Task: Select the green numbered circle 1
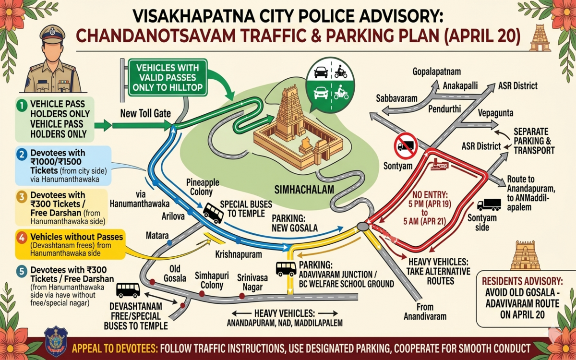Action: tap(21, 104)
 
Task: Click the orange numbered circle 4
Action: tap(21, 237)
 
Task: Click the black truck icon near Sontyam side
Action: tap(489, 204)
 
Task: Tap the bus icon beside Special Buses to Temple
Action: tap(213, 212)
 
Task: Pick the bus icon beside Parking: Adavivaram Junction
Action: tap(286, 268)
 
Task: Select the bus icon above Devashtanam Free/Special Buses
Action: tap(128, 290)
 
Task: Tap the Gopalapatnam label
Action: tap(436, 72)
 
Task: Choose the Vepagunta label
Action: tap(496, 113)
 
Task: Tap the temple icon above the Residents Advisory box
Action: tap(525, 255)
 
